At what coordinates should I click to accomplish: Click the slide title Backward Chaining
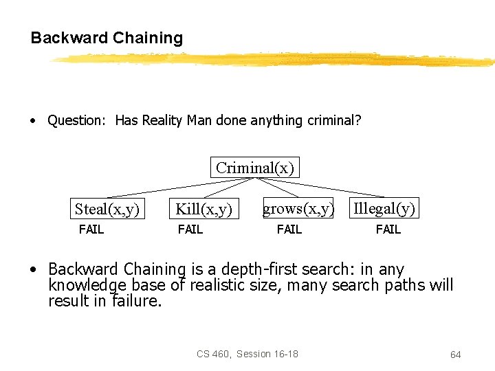pos(107,38)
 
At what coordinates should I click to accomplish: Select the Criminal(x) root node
pos(255,168)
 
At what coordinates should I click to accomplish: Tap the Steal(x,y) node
pos(107,209)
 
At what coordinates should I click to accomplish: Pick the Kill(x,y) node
pos(203,209)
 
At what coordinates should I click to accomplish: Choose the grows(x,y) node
pos(298,208)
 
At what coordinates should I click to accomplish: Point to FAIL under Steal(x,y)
pos(91,229)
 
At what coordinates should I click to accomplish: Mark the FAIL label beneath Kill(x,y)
pos(190,229)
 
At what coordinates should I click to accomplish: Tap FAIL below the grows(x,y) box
pos(289,229)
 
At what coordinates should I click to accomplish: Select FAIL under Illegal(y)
pos(388,229)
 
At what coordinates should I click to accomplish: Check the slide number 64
pos(455,355)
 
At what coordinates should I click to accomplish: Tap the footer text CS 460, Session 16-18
pos(247,354)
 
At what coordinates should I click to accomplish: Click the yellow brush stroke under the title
pos(275,60)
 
